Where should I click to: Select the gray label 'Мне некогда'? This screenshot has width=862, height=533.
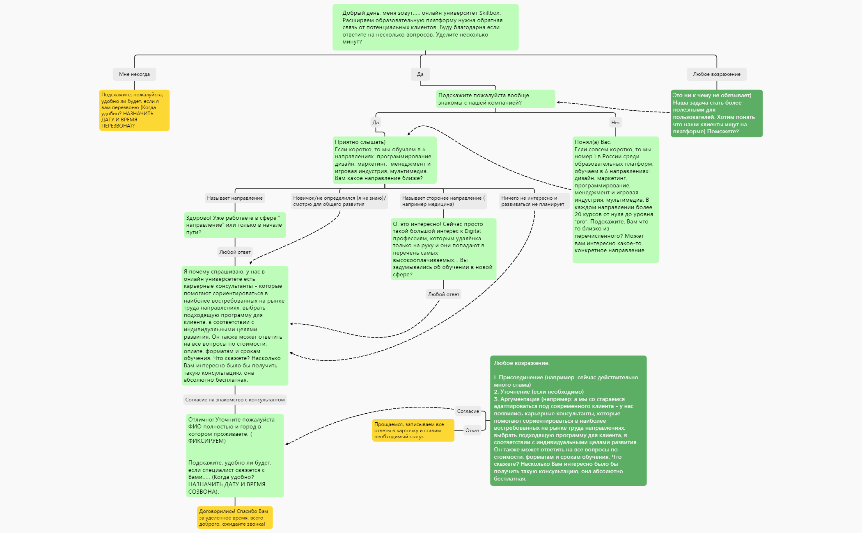(134, 74)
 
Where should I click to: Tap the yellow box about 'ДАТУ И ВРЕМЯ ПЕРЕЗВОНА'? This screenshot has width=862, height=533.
(134, 110)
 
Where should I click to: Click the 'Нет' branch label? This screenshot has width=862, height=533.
(615, 122)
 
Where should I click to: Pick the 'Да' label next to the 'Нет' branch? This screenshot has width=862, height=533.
(376, 122)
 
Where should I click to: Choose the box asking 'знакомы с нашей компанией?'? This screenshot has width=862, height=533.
(495, 99)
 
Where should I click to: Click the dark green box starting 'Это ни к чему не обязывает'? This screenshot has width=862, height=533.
(717, 113)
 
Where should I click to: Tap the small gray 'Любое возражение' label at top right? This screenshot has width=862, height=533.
(717, 74)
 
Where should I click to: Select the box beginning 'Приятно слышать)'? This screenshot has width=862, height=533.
(385, 160)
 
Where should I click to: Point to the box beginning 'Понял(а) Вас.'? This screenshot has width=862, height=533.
(616, 200)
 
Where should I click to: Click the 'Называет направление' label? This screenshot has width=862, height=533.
(235, 198)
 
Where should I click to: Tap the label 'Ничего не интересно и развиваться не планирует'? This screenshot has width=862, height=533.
(534, 201)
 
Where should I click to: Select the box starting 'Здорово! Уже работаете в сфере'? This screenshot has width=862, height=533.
(235, 225)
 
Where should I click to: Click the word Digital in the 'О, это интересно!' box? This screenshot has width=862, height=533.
(472, 231)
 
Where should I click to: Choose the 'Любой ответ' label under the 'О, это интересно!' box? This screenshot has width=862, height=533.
(443, 294)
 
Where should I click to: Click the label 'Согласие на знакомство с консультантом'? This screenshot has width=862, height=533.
(235, 400)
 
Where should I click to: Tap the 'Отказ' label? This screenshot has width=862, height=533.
(472, 430)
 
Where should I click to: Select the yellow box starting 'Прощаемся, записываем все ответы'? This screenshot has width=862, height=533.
(413, 430)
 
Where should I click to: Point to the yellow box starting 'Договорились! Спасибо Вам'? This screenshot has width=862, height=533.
(235, 517)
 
